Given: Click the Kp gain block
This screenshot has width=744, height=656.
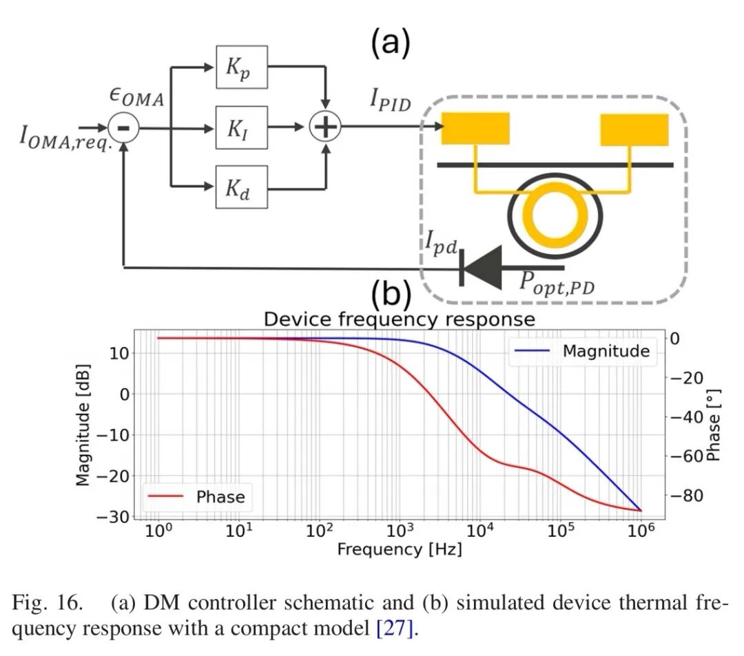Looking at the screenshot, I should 241,67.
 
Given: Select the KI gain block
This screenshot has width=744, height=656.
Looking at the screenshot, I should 241,127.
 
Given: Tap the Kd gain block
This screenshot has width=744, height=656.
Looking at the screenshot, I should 241,187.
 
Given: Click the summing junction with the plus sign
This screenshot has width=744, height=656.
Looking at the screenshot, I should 324,127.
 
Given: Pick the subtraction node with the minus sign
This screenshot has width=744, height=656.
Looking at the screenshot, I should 124,127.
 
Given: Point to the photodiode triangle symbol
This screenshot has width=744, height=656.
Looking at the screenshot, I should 482,268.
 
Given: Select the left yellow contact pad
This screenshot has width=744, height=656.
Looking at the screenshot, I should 475,129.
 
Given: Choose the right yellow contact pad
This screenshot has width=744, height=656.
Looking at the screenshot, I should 634,129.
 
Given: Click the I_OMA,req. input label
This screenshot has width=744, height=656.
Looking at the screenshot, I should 65,137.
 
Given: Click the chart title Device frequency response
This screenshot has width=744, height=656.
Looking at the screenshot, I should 399,319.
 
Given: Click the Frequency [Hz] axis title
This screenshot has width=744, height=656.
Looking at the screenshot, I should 399,549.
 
